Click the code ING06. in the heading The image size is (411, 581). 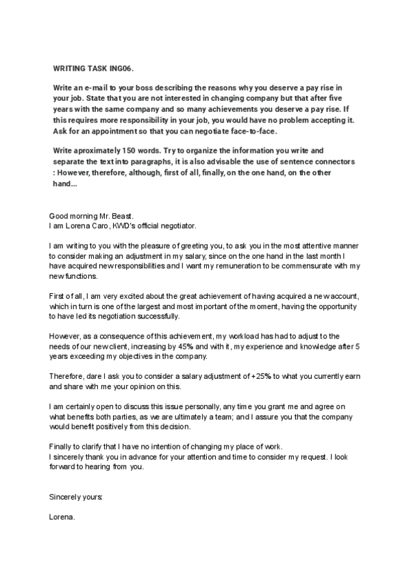pyautogui.click(x=123, y=69)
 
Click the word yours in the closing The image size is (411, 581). pyautogui.click(x=92, y=494)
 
